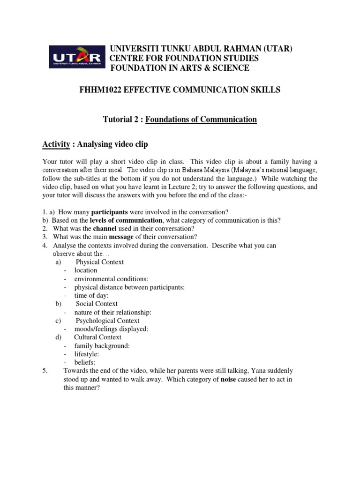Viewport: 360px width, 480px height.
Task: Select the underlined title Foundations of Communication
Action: coord(201,120)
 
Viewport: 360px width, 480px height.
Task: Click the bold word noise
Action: coord(230,379)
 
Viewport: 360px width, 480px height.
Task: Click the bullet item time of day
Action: coord(91,295)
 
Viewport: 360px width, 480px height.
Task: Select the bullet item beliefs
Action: coord(84,362)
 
